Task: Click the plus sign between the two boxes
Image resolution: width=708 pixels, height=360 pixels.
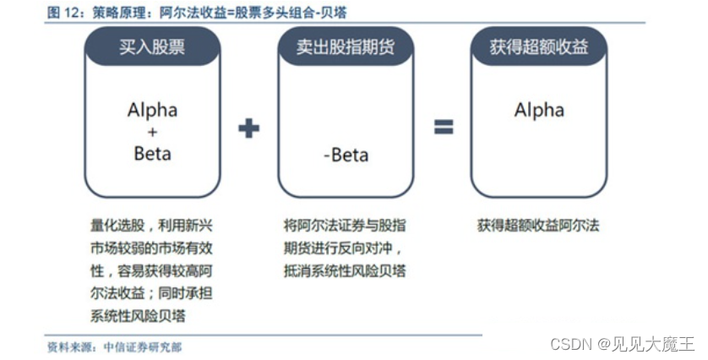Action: [248, 129]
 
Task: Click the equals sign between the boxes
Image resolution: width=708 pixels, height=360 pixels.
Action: [444, 128]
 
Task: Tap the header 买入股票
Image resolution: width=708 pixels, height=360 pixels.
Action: [152, 47]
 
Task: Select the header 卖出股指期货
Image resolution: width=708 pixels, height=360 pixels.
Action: [346, 47]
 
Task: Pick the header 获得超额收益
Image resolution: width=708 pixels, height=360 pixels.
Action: [538, 47]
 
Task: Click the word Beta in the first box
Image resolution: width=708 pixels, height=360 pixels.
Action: [152, 154]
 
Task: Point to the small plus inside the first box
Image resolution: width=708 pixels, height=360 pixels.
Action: [152, 132]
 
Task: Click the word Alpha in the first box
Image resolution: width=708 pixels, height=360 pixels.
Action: [152, 110]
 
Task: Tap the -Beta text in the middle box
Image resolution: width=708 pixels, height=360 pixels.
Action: [346, 155]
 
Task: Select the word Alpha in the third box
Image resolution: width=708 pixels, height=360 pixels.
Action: [539, 110]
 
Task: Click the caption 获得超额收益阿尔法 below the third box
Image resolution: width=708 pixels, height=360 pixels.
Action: [538, 226]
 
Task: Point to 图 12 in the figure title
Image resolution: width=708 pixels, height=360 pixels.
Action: [63, 13]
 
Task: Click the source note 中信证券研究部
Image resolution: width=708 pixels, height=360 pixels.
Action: [142, 346]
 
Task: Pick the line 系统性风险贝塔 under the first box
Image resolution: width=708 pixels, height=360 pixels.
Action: [138, 316]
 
